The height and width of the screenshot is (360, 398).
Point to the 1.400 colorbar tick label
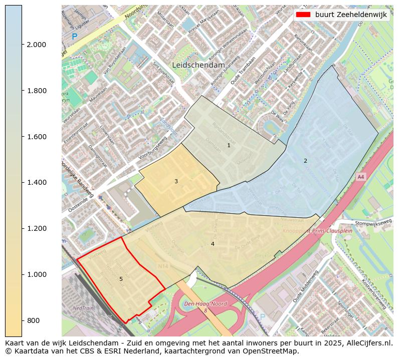coord(36,182)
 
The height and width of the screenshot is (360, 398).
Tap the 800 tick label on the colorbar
coord(33,320)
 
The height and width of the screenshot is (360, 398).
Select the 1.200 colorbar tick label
coord(36,228)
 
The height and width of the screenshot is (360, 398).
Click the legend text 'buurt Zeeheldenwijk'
coord(351,15)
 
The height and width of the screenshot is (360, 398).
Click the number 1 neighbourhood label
coord(229,145)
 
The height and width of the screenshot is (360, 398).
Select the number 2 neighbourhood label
coord(305,161)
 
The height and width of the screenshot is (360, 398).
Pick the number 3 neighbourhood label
coord(176,181)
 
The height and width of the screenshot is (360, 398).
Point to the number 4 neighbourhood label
coord(213,244)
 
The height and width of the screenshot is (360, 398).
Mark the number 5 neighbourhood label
coord(121,279)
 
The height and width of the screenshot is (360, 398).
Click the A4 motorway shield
coord(360,177)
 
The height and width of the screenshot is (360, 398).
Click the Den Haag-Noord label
coord(205,304)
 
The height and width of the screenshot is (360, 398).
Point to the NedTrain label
coord(83,308)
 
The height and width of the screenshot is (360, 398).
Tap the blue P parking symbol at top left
coord(75,37)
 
